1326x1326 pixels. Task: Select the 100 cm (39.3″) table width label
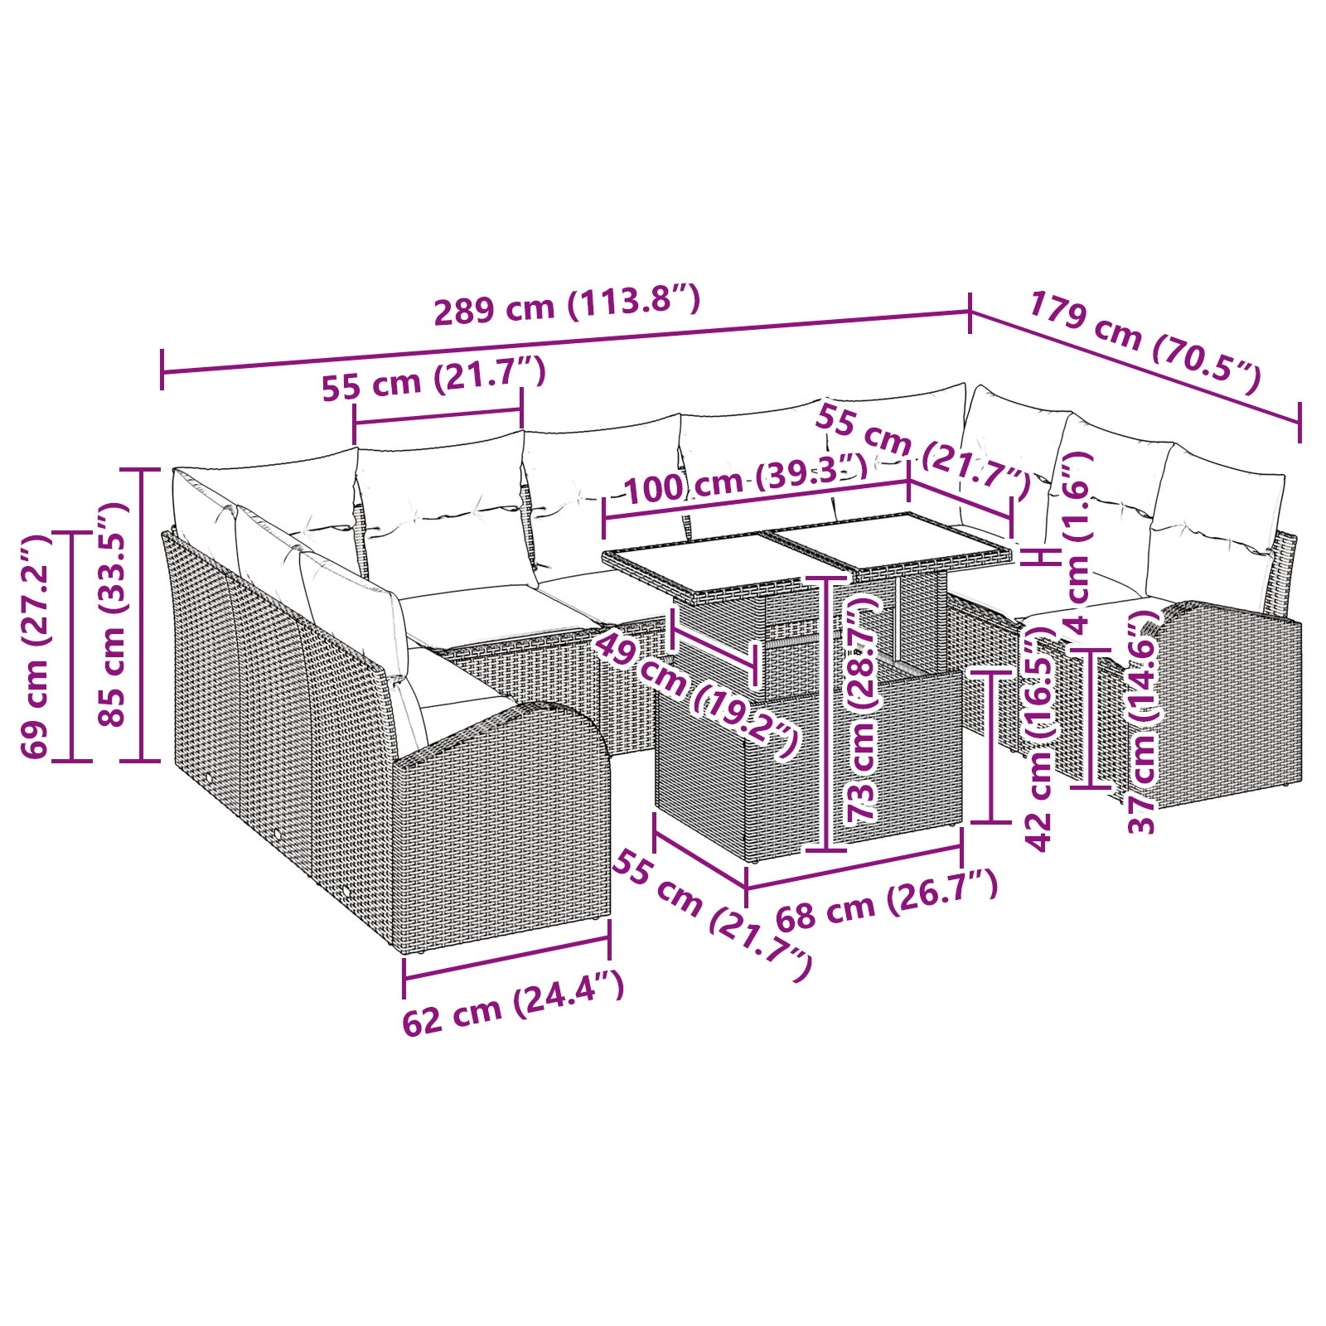point(745,480)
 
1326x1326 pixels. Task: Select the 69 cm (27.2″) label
point(36,647)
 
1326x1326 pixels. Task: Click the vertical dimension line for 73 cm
point(825,713)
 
